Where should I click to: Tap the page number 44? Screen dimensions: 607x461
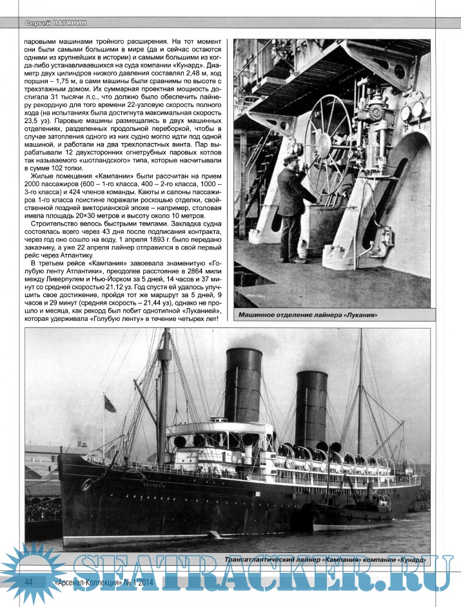28,581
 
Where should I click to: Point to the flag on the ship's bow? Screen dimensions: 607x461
110,404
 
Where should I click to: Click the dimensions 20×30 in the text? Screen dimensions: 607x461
81,217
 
